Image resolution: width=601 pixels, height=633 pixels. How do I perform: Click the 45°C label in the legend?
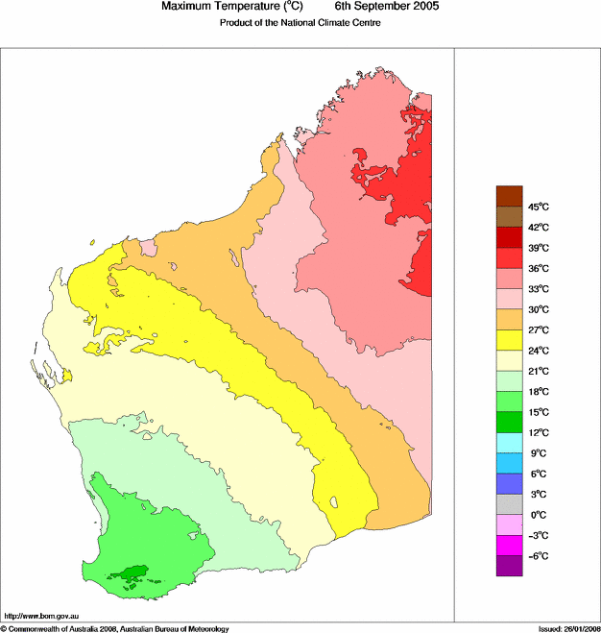pyautogui.click(x=538, y=207)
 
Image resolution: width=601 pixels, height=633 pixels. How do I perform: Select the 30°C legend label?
pyautogui.click(x=538, y=309)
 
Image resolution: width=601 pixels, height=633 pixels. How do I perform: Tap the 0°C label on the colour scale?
pyautogui.click(x=538, y=515)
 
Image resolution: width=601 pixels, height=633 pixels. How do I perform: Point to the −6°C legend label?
pyautogui.click(x=538, y=556)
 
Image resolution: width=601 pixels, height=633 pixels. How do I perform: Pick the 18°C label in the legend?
pyautogui.click(x=538, y=392)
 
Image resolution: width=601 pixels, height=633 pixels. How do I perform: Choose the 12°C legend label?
pyautogui.click(x=538, y=432)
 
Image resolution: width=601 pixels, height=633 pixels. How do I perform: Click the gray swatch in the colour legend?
pyautogui.click(x=509, y=504)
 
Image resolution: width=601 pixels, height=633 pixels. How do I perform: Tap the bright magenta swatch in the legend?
pyautogui.click(x=509, y=546)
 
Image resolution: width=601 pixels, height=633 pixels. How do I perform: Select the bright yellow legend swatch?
pyautogui.click(x=509, y=340)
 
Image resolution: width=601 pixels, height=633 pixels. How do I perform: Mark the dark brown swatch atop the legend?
pyautogui.click(x=509, y=196)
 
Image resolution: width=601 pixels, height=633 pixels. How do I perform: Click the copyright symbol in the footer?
pyautogui.click(x=4, y=628)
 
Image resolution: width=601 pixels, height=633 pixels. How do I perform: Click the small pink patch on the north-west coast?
pyautogui.click(x=149, y=249)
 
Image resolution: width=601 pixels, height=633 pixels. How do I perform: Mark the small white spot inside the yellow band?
pyautogui.click(x=335, y=501)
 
